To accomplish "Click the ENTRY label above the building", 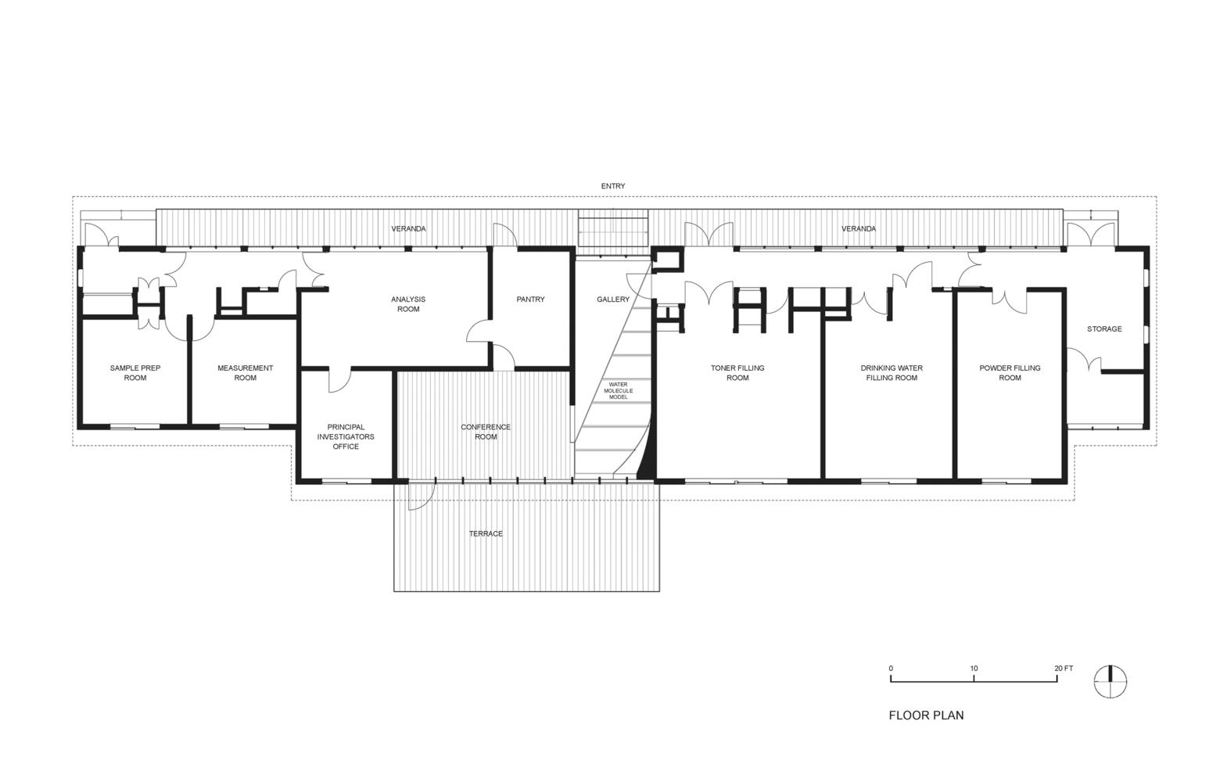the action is pos(612,186).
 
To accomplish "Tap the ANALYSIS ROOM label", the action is pos(408,304).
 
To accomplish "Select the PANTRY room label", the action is pos(530,299).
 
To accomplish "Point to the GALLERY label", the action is pos(612,299).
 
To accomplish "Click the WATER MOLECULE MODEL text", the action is pos(618,391).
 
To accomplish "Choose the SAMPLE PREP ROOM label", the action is pos(135,373).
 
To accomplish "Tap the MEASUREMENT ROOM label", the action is pos(245,373).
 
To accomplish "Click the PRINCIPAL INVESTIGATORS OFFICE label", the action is pos(346,436).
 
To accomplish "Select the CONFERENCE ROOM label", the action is pos(485,432).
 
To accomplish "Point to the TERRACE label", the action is pos(486,534).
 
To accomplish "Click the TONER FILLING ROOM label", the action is pos(737,373).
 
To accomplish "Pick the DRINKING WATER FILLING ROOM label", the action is pos(892,373).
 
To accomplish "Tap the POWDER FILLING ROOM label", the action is pos(1010,373).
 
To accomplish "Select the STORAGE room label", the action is pos(1104,328).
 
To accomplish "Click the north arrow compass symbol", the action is pos(1110,682).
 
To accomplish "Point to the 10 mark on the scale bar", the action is pos(974,668).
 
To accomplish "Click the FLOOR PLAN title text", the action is pos(926,716).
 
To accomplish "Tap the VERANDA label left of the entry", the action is pos(408,229).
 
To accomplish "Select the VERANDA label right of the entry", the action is pos(858,229).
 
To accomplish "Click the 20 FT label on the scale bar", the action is pos(1064,668).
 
